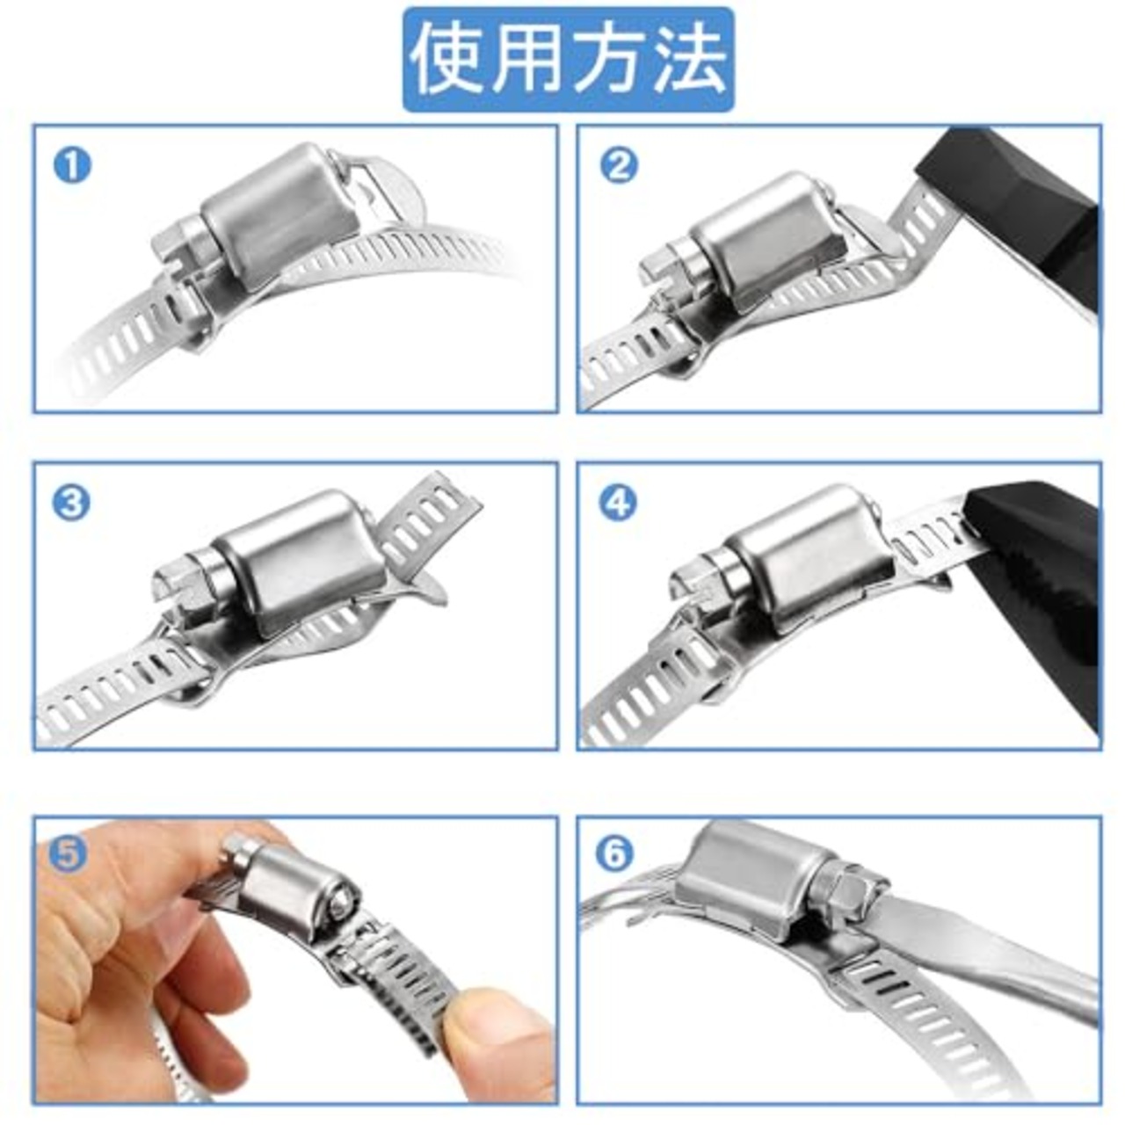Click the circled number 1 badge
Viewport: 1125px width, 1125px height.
[72, 165]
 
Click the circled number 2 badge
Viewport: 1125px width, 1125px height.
[619, 165]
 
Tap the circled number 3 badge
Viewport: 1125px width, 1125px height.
[72, 503]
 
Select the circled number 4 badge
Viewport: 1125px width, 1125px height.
[619, 504]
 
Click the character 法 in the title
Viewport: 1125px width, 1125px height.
[689, 60]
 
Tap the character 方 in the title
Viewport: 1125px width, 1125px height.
[609, 60]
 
